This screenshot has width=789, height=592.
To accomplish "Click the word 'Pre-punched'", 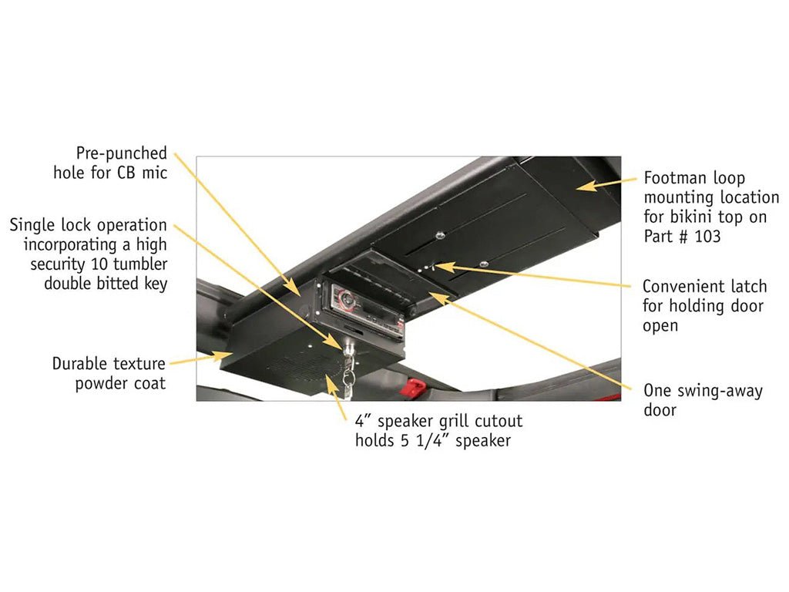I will point(121,153).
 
